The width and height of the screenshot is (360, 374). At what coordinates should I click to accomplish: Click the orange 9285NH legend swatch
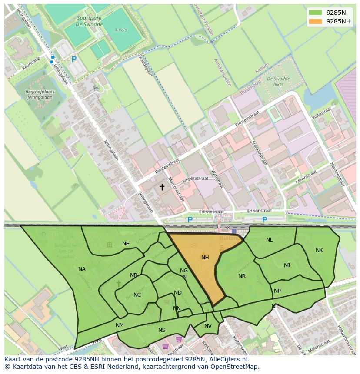click(316, 21)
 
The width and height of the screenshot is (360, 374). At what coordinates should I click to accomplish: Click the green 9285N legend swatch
click(316, 13)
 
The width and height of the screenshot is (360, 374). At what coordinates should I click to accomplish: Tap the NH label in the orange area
click(205, 258)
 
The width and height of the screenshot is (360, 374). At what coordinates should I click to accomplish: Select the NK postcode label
click(319, 250)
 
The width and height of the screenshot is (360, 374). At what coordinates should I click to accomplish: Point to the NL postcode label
click(270, 240)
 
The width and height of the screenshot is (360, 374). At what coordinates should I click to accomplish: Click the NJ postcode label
click(287, 265)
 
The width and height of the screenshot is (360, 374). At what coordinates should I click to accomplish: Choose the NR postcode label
click(242, 276)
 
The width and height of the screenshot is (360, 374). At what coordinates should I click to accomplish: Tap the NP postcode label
click(277, 291)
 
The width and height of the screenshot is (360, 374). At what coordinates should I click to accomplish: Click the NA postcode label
click(82, 269)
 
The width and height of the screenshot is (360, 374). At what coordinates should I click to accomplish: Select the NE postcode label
click(126, 244)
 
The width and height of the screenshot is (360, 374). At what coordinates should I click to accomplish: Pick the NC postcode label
click(137, 295)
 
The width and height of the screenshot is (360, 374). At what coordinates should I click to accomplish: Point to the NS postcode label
click(162, 330)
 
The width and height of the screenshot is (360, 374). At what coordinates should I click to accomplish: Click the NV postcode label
click(208, 326)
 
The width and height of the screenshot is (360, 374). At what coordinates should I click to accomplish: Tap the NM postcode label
click(120, 325)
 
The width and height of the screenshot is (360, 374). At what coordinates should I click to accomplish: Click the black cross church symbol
click(162, 187)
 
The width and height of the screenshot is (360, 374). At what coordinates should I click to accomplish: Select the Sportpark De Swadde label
click(90, 21)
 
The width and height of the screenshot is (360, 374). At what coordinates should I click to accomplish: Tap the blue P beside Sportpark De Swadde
click(74, 59)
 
